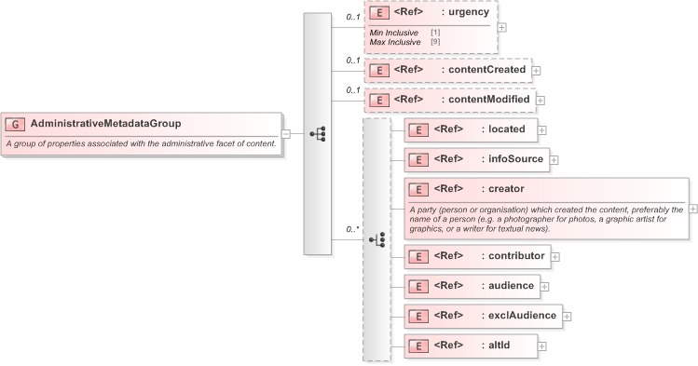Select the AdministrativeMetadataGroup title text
tap(105, 123)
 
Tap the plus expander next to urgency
tap(502, 27)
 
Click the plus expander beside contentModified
tap(541, 100)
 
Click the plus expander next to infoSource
tap(554, 159)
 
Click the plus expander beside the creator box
tap(692, 209)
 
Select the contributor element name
tap(517, 254)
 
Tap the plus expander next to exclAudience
tap(567, 316)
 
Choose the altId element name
tap(500, 345)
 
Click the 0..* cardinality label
tap(353, 228)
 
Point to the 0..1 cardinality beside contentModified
tap(353, 89)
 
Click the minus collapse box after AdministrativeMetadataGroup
tap(286, 133)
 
